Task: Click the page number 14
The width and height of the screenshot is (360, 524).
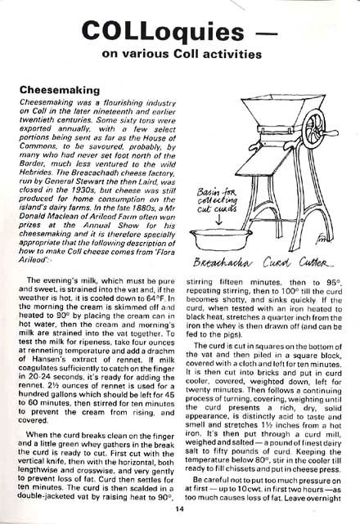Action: (x=178, y=508)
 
